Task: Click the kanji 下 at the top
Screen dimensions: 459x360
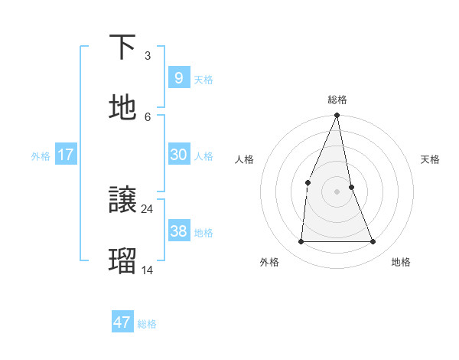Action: pos(122,47)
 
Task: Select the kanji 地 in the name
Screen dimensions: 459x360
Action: pos(122,108)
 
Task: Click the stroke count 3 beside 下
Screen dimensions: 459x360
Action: pos(148,56)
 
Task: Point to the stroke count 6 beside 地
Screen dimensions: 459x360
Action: pos(148,116)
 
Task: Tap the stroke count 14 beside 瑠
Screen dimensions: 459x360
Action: pos(148,270)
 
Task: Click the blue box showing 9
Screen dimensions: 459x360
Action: pos(178,77)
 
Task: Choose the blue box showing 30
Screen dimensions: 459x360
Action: pos(178,155)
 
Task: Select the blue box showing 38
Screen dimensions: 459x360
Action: pos(178,231)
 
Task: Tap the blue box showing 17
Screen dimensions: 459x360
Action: pos(66,155)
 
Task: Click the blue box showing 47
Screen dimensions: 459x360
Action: pos(122,322)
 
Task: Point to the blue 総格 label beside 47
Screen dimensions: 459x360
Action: pos(147,324)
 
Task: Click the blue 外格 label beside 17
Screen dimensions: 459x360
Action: pos(41,156)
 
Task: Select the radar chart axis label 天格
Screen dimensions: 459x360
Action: pos(431,159)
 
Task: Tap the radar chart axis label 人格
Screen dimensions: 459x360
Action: pos(244,159)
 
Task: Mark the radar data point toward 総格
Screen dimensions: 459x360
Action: pos(337,116)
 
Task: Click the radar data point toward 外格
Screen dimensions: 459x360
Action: pos(301,242)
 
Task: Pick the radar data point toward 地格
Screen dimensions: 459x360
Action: pos(373,242)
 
